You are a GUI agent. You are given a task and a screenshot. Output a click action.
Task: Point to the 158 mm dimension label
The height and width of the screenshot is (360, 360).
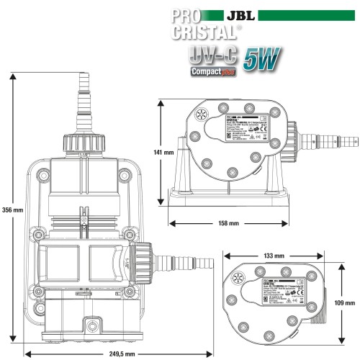(228, 223)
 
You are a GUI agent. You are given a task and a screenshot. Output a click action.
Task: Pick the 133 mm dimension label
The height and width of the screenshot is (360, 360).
(274, 256)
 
